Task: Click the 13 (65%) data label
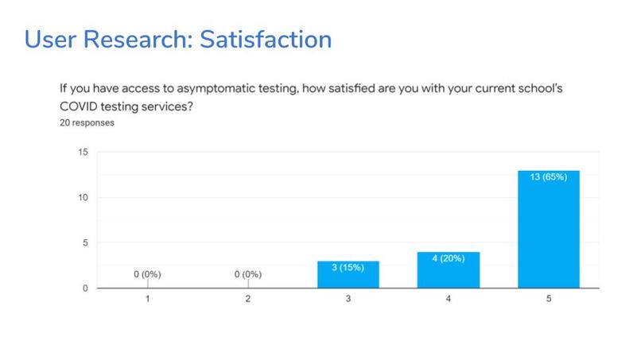point(548,177)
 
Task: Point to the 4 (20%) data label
point(449,258)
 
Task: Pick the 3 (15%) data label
point(348,267)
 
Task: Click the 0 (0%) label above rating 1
point(147,274)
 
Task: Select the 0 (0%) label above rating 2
point(247,274)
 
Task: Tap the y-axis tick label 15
point(83,152)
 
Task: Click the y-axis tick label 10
point(83,197)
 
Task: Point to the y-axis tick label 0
point(85,288)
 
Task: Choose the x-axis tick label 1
point(147,300)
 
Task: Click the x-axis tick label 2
point(247,300)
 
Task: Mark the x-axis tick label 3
point(348,300)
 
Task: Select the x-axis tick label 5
point(548,300)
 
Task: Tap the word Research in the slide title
point(133,38)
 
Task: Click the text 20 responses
point(87,124)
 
